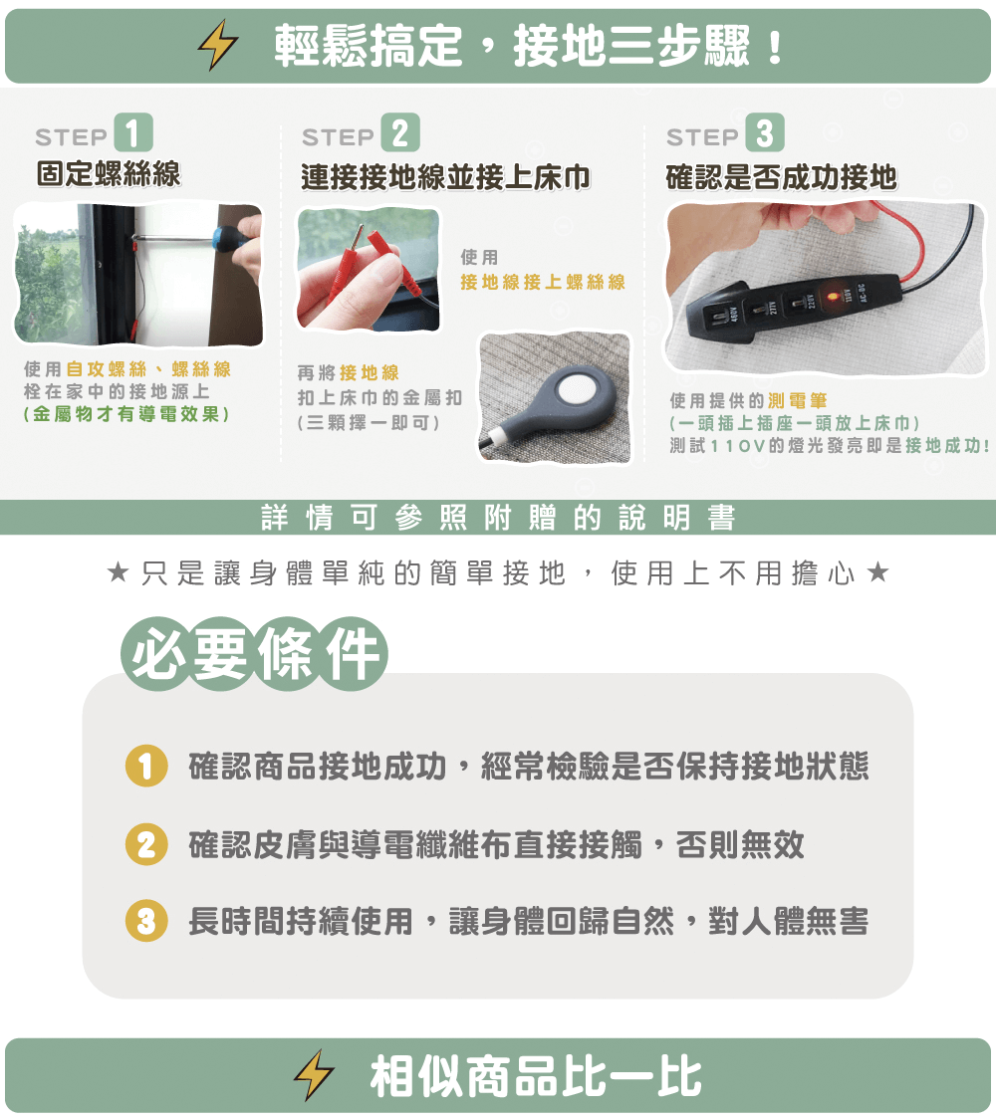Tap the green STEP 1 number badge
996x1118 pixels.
pyautogui.click(x=133, y=132)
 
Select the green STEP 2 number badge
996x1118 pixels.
pyautogui.click(x=400, y=132)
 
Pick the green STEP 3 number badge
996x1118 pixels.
pyautogui.click(x=765, y=132)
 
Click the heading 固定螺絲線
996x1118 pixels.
pyautogui.click(x=109, y=174)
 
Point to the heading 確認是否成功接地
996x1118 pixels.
pyautogui.click(x=781, y=177)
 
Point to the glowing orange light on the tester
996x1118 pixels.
pyautogui.click(x=831, y=296)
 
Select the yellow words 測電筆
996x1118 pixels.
pyautogui.click(x=798, y=401)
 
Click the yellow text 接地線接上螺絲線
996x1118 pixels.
pyautogui.click(x=543, y=283)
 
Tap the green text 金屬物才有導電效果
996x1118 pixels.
pyautogui.click(x=126, y=414)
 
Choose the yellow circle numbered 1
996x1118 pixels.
pyautogui.click(x=146, y=767)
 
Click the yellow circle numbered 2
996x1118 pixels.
pyautogui.click(x=146, y=844)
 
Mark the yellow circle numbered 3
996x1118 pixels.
pyautogui.click(x=146, y=921)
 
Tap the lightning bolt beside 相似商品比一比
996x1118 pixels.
pyautogui.click(x=314, y=1075)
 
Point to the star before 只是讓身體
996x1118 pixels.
pyautogui.click(x=118, y=571)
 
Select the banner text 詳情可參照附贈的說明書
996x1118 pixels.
pyautogui.click(x=498, y=517)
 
